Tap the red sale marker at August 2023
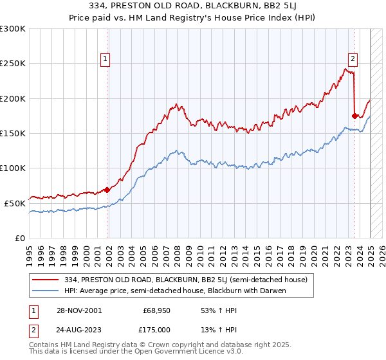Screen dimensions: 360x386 coord(354,116)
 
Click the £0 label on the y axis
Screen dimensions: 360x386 coord(20,238)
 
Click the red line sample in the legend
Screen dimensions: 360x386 coord(46,280)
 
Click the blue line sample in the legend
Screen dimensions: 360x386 coord(46,291)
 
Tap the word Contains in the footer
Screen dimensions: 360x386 coord(45,345)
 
